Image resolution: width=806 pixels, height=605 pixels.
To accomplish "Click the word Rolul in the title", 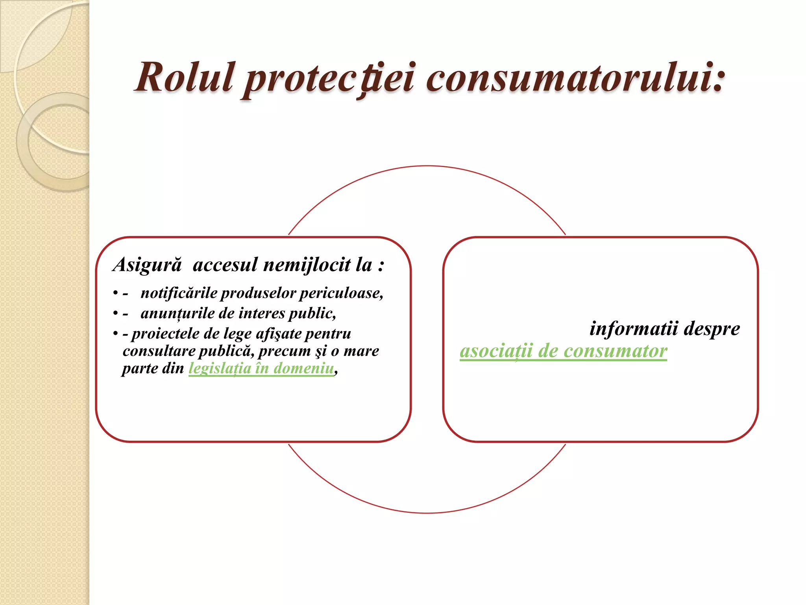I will click(185, 77).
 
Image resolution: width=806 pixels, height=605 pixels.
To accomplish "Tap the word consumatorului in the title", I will click(575, 77).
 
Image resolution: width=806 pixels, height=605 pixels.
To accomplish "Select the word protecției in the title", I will click(329, 77).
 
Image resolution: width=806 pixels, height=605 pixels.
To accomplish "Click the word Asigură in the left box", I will click(148, 265).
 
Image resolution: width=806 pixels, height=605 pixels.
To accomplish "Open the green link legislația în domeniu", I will click(261, 368).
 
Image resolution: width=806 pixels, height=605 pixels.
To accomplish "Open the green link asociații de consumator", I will click(563, 351).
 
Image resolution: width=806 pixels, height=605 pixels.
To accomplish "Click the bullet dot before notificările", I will click(115, 294).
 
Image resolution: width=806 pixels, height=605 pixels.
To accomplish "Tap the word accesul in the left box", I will click(225, 265).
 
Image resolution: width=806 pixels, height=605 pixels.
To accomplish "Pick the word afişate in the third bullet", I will click(278, 334).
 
